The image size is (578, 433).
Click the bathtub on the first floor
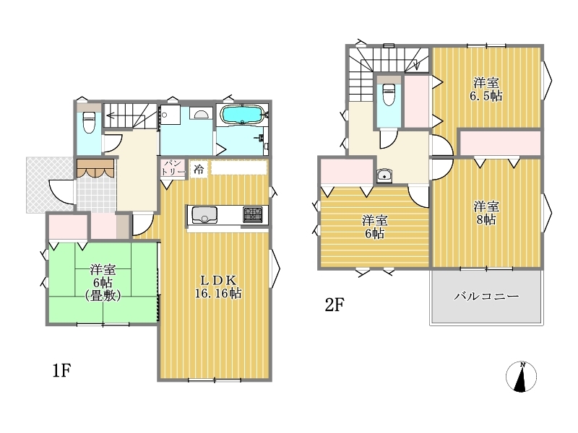pyautogui.click(x=241, y=114)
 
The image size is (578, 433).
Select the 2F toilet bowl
pyautogui.click(x=389, y=95)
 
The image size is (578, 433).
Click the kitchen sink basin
pyautogui.click(x=204, y=214)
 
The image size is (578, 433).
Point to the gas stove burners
pyautogui.click(x=253, y=214)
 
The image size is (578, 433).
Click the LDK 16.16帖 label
pyautogui.click(x=218, y=287)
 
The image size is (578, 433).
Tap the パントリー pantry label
pyautogui.click(x=173, y=168)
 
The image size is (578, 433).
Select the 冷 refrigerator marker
pyautogui.click(x=199, y=170)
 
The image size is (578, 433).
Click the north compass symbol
pyautogui.click(x=521, y=376)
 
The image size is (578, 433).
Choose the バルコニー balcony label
pyautogui.click(x=486, y=296)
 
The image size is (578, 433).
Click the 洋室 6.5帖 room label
pyautogui.click(x=486, y=89)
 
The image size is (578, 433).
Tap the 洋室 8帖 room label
pyautogui.click(x=486, y=213)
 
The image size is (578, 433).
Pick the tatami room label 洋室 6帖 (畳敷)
pyautogui.click(x=103, y=283)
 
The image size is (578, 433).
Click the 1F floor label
pyautogui.click(x=61, y=370)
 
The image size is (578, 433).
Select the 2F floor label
pyautogui.click(x=335, y=305)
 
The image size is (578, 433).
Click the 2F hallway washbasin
pyautogui.click(x=384, y=175)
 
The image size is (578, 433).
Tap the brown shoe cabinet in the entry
pyautogui.click(x=95, y=168)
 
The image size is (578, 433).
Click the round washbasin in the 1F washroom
pyautogui.click(x=202, y=113)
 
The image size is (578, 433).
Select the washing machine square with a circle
pyautogui.click(x=170, y=115)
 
